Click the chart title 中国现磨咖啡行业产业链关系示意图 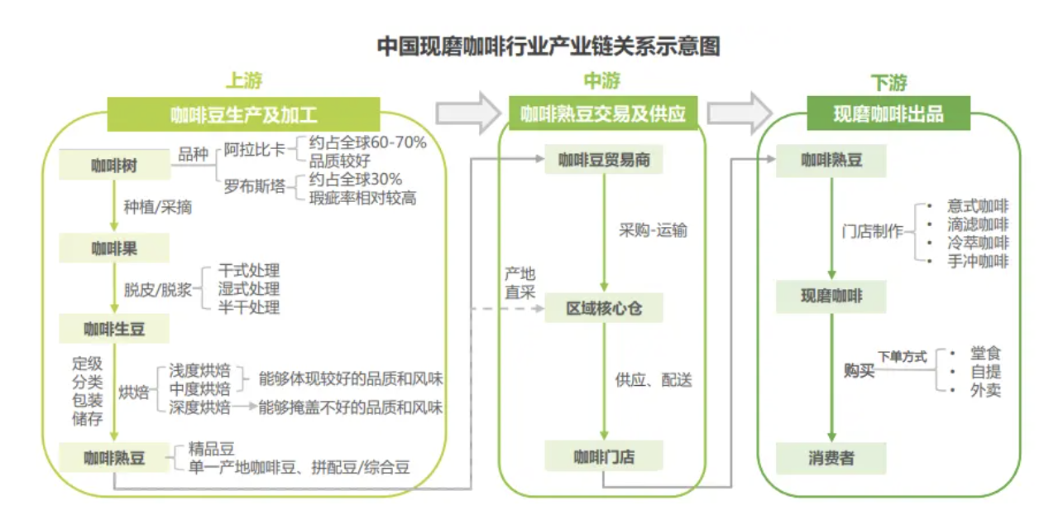click(x=548, y=46)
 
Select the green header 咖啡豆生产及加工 click(x=243, y=114)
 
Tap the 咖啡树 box click(x=114, y=165)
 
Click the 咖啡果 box click(x=114, y=247)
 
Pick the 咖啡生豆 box click(x=114, y=329)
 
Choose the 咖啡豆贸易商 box click(x=604, y=160)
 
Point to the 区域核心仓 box click(x=604, y=309)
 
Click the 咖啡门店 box click(x=604, y=455)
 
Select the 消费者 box click(x=831, y=457)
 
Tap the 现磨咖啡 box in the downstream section click(x=831, y=296)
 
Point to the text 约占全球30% click(x=356, y=180)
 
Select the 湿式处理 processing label click(x=248, y=289)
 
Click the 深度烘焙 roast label click(x=199, y=407)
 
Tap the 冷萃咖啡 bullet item click(x=978, y=243)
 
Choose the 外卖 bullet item click(x=985, y=390)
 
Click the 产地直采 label click(x=520, y=282)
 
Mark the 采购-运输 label click(x=653, y=230)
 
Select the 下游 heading click(x=888, y=83)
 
